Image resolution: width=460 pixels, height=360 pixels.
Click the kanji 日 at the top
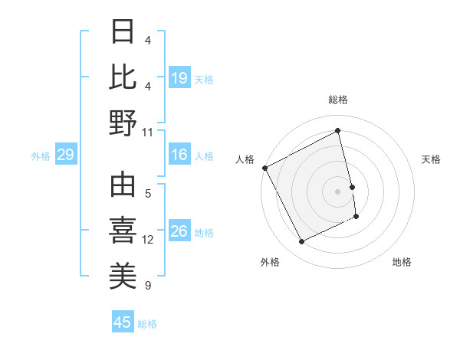[x=123, y=32]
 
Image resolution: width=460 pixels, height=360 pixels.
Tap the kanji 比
[x=123, y=77]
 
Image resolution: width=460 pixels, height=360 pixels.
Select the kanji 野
[x=123, y=122]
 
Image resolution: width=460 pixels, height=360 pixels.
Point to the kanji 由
[x=123, y=185]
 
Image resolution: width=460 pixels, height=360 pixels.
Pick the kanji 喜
[x=123, y=231]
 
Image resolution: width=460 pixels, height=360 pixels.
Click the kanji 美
[x=123, y=277]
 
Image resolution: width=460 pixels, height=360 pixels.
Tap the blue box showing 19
[x=179, y=77]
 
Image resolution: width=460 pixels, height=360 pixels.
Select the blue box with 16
[x=179, y=155]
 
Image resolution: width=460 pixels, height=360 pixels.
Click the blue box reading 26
[x=179, y=231]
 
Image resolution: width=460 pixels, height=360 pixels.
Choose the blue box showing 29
[x=65, y=155]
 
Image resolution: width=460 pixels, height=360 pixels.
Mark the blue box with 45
[x=123, y=322]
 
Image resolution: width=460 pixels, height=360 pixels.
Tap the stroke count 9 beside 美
[x=148, y=286]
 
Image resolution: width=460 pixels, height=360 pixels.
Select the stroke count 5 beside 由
[x=148, y=193]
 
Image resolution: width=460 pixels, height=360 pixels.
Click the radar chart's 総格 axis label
[x=338, y=100]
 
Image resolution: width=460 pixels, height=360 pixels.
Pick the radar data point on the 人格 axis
[x=265, y=168]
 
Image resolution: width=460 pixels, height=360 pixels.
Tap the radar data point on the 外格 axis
[x=301, y=242]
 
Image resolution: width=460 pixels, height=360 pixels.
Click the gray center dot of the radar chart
[x=338, y=191]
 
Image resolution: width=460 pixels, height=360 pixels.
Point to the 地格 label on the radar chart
[x=402, y=262]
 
